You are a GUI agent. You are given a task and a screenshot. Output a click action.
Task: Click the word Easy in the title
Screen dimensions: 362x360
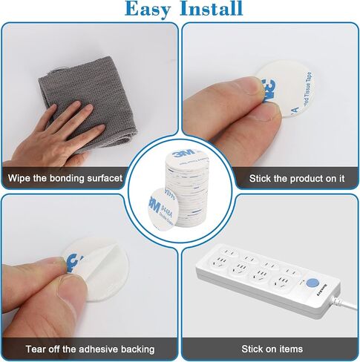[x=151, y=10]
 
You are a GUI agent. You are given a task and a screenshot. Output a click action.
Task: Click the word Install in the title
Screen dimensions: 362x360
[x=210, y=10]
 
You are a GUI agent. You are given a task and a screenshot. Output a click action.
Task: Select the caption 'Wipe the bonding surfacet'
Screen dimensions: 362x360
[x=65, y=179]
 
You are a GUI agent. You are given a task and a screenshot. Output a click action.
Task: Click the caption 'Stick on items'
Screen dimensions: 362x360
[x=272, y=349]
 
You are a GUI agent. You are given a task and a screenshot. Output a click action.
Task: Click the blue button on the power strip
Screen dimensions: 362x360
[x=312, y=283]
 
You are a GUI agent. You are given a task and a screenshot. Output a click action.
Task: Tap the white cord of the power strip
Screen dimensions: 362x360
[x=349, y=300]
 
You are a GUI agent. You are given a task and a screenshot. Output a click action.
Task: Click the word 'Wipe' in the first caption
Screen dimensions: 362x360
[x=20, y=179]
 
